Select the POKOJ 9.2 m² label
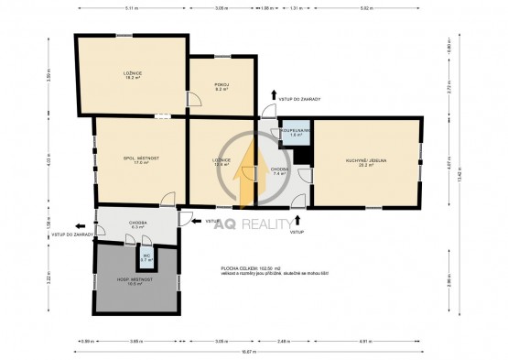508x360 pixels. [x=221, y=87]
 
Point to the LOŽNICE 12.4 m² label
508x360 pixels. [x=221, y=161]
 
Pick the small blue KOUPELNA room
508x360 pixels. [x=296, y=134]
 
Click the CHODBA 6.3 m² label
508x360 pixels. [x=138, y=224]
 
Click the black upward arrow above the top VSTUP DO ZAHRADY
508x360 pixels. [x=272, y=94]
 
